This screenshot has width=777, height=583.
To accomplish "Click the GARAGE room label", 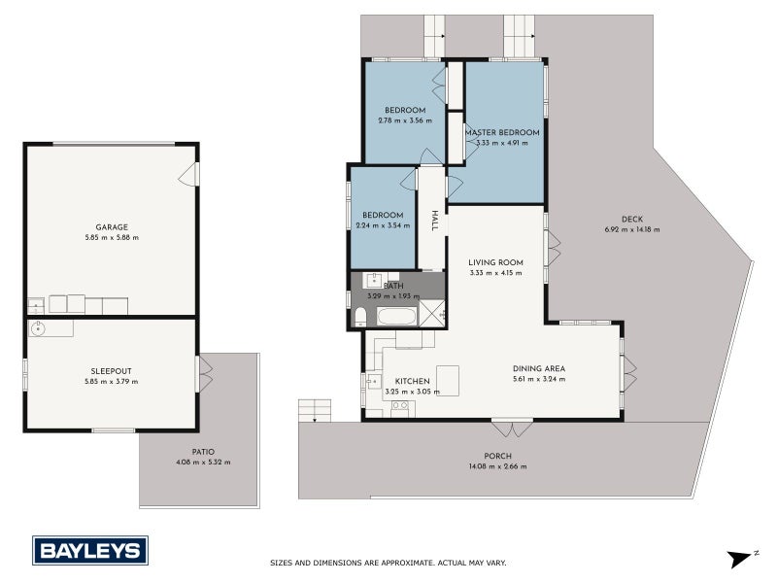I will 111,226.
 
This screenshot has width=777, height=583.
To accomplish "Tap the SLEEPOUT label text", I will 111,370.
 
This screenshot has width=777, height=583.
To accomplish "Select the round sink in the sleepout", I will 39,328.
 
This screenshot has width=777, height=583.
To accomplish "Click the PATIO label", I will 202,451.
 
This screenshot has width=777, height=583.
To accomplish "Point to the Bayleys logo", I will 90,550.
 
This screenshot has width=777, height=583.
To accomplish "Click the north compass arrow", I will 741,557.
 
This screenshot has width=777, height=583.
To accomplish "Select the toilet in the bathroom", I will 359,314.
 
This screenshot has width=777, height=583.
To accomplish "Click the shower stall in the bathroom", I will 432,313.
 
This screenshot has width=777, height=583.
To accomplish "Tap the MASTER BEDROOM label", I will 501,132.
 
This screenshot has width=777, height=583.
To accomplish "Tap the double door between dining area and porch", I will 512,428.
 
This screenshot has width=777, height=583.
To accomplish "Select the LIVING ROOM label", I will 495,261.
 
